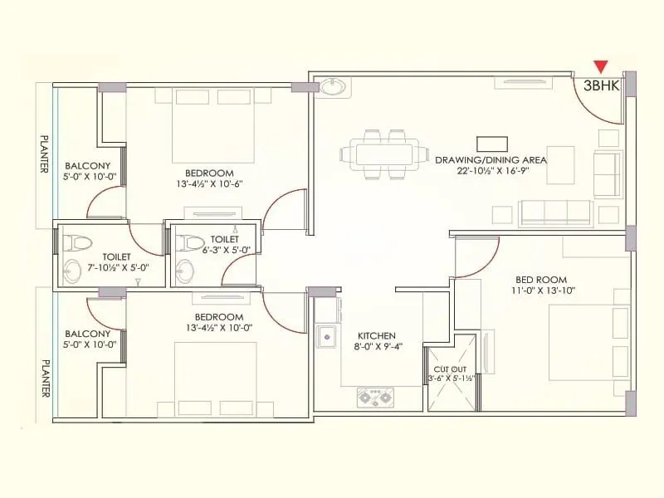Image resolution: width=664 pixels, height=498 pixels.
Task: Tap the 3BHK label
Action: point(602,85)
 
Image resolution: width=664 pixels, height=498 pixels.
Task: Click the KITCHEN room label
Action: point(376,334)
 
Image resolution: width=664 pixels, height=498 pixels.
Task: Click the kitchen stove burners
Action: point(374,397)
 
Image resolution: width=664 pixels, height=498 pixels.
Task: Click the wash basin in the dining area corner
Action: point(334,85)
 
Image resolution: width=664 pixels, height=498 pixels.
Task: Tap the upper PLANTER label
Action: point(44,154)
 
